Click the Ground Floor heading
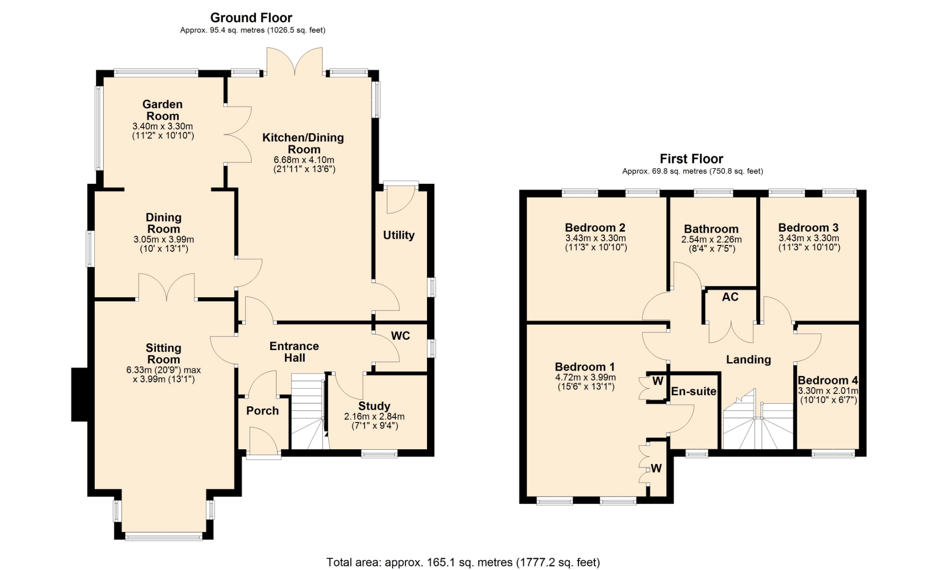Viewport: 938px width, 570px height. pyautogui.click(x=251, y=18)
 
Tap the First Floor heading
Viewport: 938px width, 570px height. pyautogui.click(x=691, y=159)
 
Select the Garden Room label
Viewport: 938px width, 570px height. pyautogui.click(x=163, y=110)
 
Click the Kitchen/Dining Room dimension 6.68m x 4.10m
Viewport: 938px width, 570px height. pyautogui.click(x=304, y=160)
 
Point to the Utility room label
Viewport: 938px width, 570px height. pyautogui.click(x=399, y=235)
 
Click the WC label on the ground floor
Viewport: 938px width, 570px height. pyautogui.click(x=401, y=336)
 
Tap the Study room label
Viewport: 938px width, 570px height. pyautogui.click(x=374, y=406)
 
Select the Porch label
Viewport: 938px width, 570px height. pyautogui.click(x=262, y=411)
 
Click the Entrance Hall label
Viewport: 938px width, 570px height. pyautogui.click(x=294, y=352)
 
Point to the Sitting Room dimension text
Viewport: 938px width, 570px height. pyautogui.click(x=164, y=374)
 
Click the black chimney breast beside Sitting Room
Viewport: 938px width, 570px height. pyautogui.click(x=79, y=395)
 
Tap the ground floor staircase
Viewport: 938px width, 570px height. pyautogui.click(x=309, y=412)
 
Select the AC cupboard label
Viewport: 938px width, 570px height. pyautogui.click(x=730, y=297)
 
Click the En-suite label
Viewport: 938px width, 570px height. pyautogui.click(x=694, y=391)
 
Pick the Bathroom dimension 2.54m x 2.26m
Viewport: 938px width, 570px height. pyautogui.click(x=711, y=240)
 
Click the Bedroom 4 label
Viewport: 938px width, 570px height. pyautogui.click(x=828, y=380)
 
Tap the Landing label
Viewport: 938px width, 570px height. pyautogui.click(x=748, y=360)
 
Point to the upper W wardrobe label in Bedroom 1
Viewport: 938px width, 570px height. pyautogui.click(x=658, y=381)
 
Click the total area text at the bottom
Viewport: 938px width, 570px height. pyautogui.click(x=463, y=562)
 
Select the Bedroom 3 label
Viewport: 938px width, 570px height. pyautogui.click(x=809, y=228)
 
